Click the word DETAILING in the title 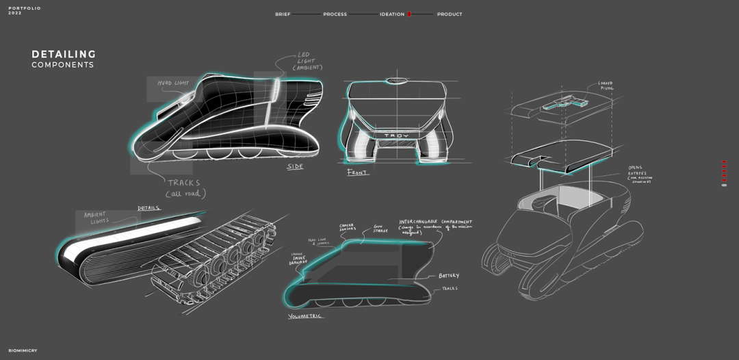(64, 54)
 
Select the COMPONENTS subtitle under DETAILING (62, 65)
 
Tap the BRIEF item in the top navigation (283, 14)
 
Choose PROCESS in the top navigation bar (335, 14)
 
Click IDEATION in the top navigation (392, 14)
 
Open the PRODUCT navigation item (450, 14)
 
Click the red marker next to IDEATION (409, 14)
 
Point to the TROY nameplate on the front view (396, 136)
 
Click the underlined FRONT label (357, 172)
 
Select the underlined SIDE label (295, 166)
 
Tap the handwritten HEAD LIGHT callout (173, 83)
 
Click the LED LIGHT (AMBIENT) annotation (307, 61)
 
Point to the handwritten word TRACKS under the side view (184, 183)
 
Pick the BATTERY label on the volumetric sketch (449, 276)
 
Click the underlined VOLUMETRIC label (304, 316)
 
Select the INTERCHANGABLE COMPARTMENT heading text (436, 222)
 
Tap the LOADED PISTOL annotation (606, 86)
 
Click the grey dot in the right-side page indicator (724, 185)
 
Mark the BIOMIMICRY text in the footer (23, 350)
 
